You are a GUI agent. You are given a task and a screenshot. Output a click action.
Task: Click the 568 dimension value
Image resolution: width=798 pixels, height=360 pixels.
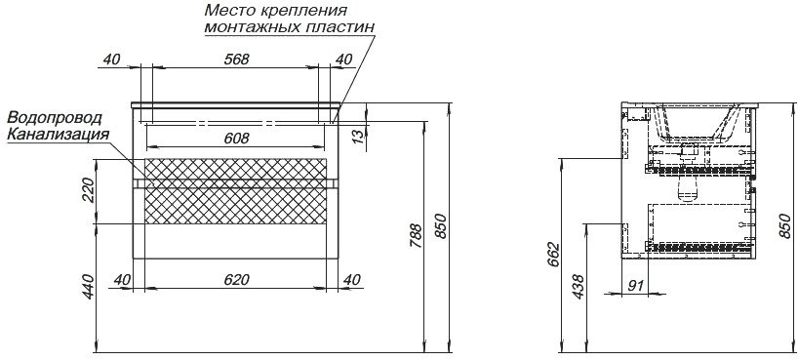pos(236,60)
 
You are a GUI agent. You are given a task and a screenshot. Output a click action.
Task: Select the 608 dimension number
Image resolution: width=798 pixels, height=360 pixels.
pos(236,139)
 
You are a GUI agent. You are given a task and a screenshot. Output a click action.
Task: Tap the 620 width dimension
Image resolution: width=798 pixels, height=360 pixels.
pos(236,280)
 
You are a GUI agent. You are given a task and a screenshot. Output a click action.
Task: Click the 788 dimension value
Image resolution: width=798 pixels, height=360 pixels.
pos(417,234)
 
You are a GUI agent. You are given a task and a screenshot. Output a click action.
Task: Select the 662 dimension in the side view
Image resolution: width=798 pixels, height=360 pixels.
pos(552,255)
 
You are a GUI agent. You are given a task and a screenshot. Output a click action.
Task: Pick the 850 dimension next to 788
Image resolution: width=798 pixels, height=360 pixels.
pos(441,228)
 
